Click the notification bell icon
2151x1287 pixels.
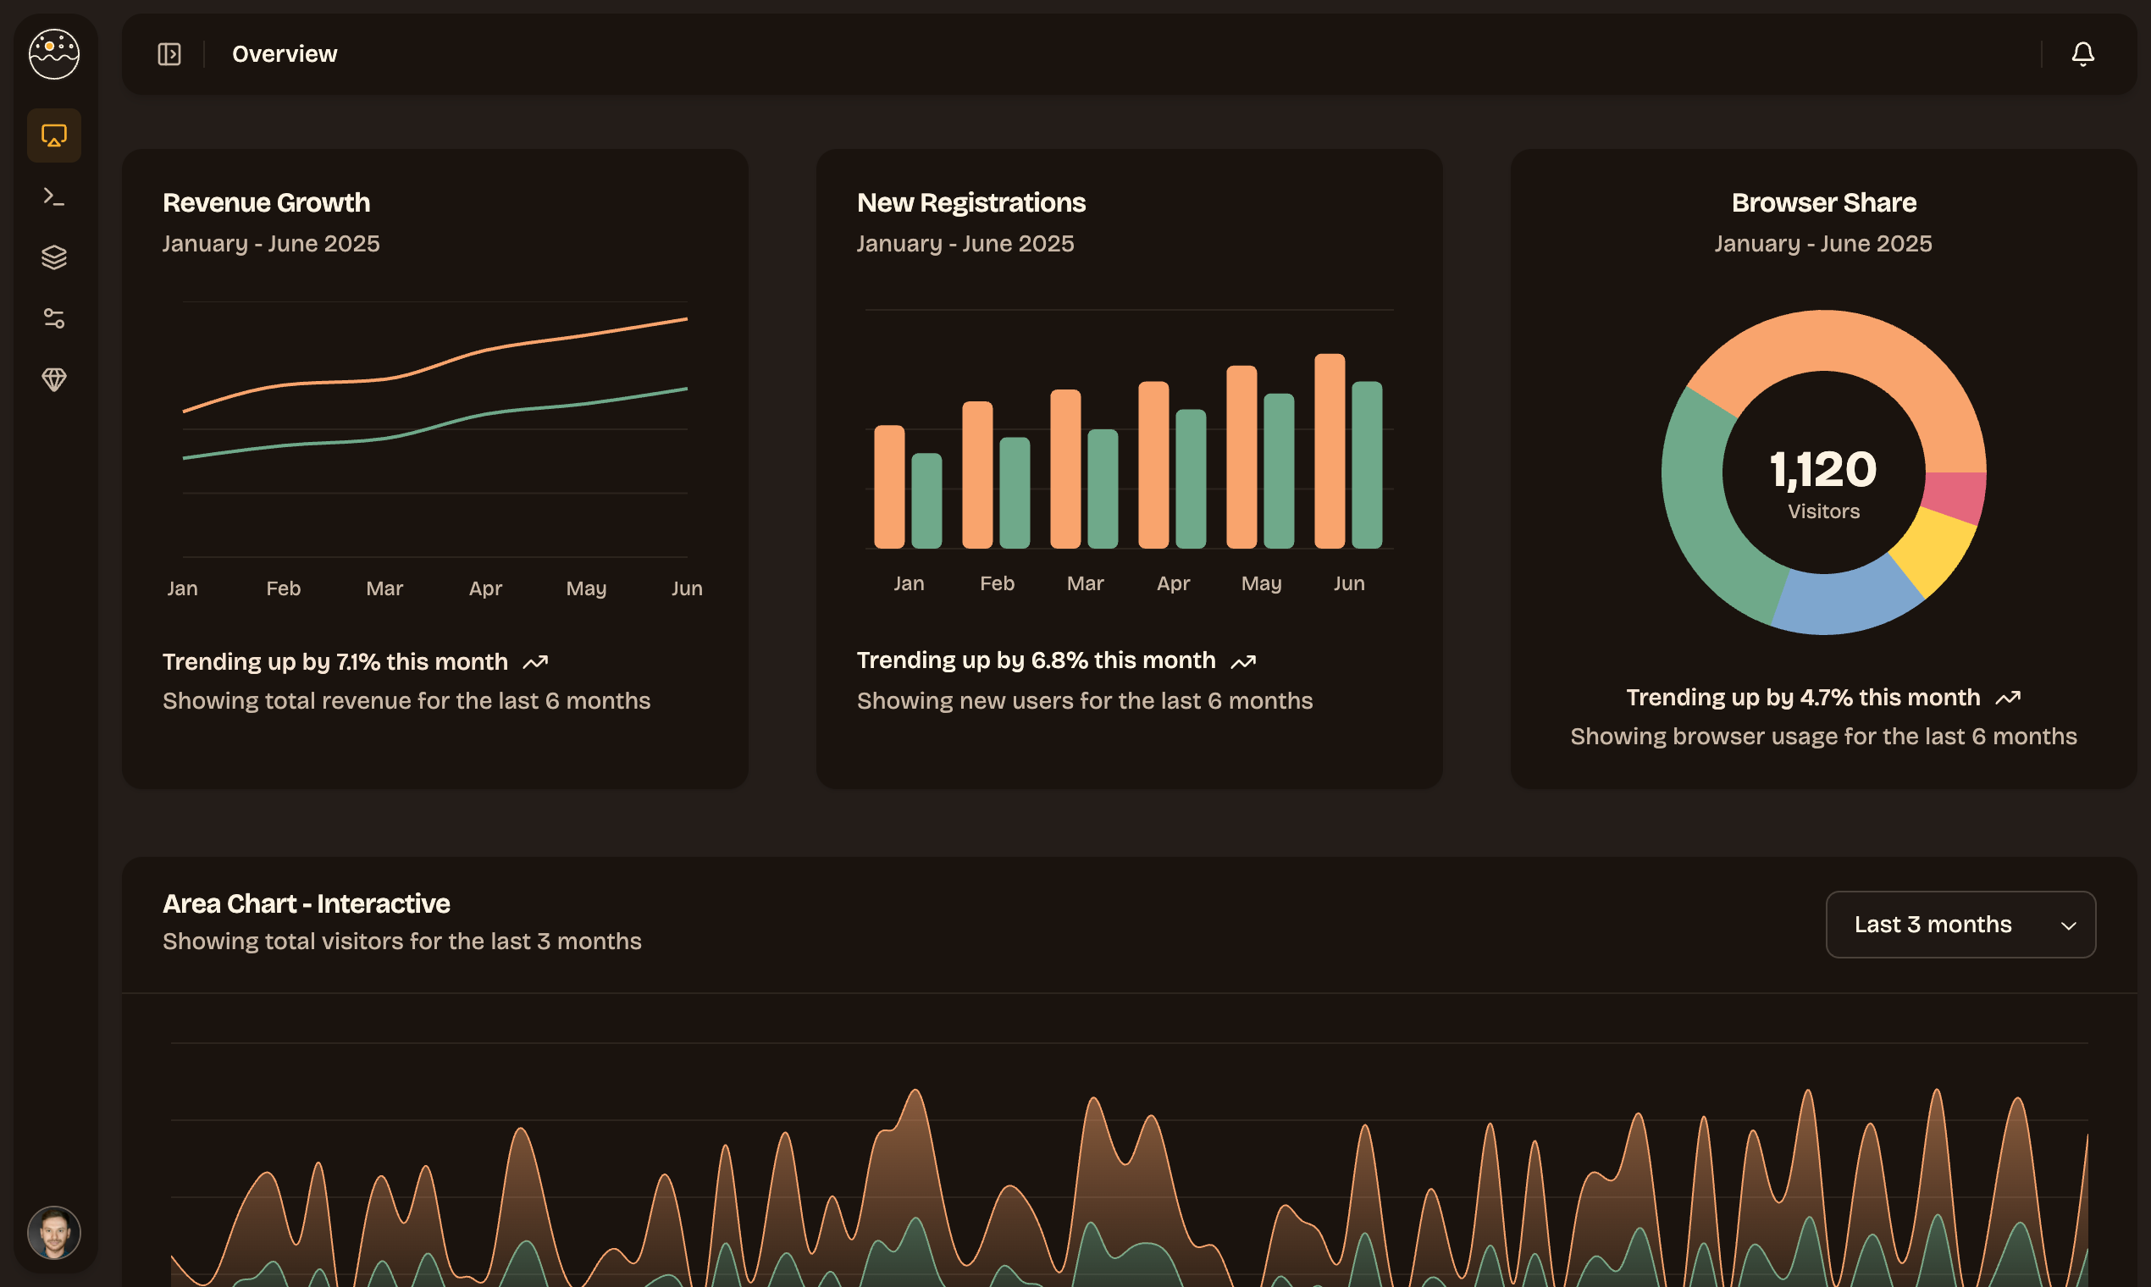pyautogui.click(x=2082, y=55)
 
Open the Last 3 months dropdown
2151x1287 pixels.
pyautogui.click(x=1960, y=925)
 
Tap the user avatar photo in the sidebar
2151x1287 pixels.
pyautogui.click(x=54, y=1232)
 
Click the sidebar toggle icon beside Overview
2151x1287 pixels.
pyautogui.click(x=169, y=55)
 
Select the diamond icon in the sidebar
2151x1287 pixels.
pyautogui.click(x=54, y=379)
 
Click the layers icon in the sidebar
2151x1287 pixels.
pyautogui.click(x=54, y=257)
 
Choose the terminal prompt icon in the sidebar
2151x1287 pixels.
pyautogui.click(x=54, y=197)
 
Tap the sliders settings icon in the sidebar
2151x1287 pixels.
pyautogui.click(x=54, y=318)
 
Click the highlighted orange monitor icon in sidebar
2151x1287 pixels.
pyautogui.click(x=54, y=135)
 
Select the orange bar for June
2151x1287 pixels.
pyautogui.click(x=1329, y=451)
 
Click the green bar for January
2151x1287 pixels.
pyautogui.click(x=926, y=501)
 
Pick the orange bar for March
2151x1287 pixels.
pyautogui.click(x=1065, y=468)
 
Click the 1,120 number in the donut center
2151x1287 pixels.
pyautogui.click(x=1823, y=469)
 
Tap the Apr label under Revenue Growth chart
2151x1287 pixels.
pyautogui.click(x=485, y=588)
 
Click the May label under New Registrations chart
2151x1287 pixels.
pyautogui.click(x=1261, y=583)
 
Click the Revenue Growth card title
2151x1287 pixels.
pyautogui.click(x=266, y=203)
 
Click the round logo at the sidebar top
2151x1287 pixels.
pyautogui.click(x=54, y=54)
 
